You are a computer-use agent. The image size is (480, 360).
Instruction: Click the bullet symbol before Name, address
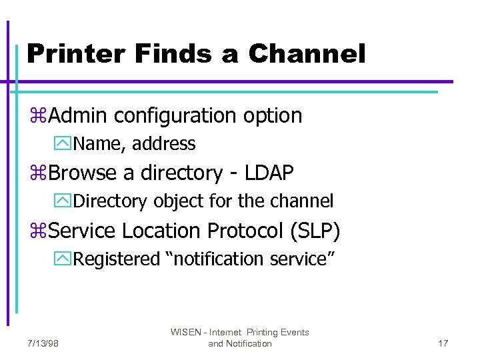pos(66,144)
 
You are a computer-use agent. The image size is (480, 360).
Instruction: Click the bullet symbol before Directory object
pos(66,201)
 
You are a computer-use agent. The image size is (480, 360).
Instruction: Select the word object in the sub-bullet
pos(177,201)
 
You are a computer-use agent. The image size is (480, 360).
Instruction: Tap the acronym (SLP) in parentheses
pos(315,231)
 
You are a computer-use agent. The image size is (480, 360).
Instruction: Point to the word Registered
pos(117,259)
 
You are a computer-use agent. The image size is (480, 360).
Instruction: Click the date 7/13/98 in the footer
pos(43,343)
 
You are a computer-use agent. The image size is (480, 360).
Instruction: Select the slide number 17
pos(443,343)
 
